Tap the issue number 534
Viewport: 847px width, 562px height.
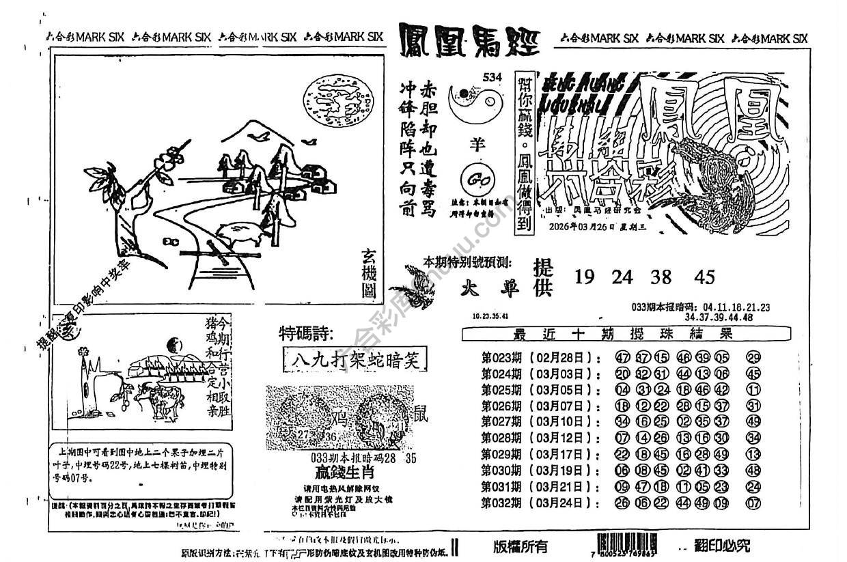(x=491, y=76)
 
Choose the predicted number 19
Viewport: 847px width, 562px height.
(x=585, y=277)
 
